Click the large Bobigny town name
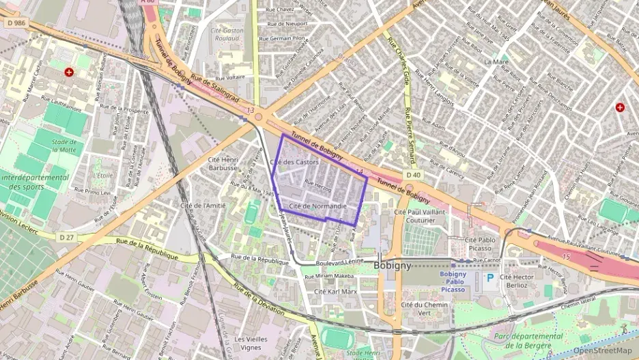pos(393,266)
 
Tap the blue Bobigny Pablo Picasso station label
pos(447,282)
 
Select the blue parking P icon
pos(489,278)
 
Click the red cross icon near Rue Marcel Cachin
pos(69,72)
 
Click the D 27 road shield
pos(66,237)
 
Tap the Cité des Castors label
pos(294,162)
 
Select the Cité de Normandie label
pos(318,206)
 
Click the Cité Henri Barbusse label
pos(223,163)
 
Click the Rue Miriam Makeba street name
pos(328,276)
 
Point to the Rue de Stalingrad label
pos(215,88)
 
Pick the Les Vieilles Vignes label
pos(250,343)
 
